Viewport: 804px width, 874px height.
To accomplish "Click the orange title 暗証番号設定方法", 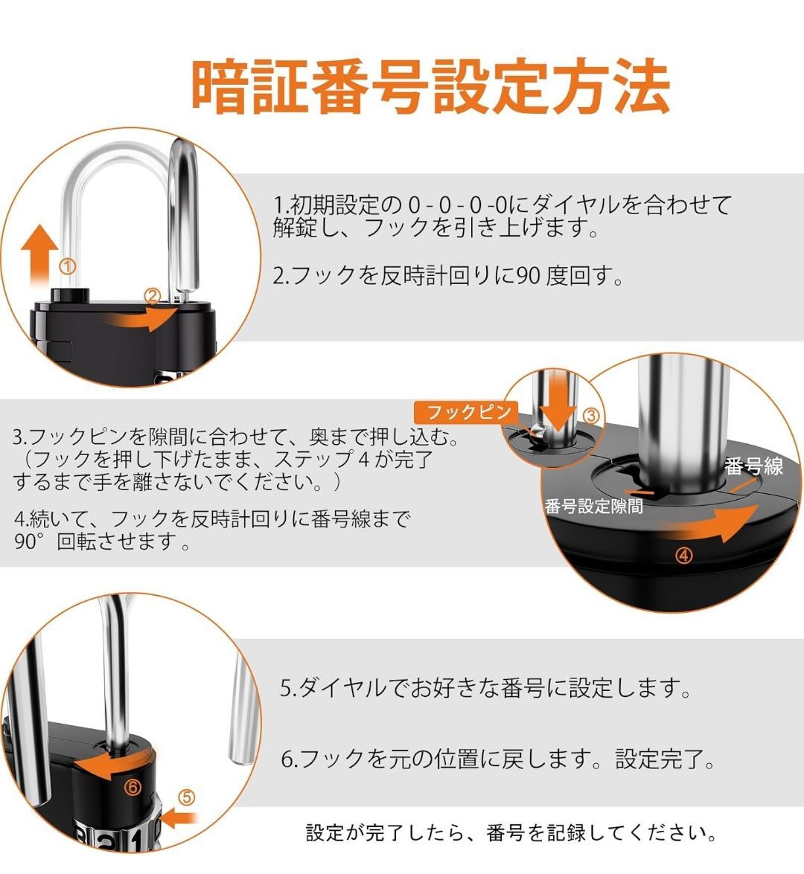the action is [430, 88].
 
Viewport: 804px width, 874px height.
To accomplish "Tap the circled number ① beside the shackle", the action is [68, 266].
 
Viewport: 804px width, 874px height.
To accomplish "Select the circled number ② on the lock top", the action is [152, 296].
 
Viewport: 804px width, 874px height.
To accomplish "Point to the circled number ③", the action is [591, 415].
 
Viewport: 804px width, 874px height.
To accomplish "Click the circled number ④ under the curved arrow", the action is [684, 555].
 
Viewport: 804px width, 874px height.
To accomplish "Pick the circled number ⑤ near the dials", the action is [186, 797].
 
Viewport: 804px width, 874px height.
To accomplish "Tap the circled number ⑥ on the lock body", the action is [133, 787].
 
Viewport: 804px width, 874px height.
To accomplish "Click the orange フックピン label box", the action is [467, 413].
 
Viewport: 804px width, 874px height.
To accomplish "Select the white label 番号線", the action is [753, 466].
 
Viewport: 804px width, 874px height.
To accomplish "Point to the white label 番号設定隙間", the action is [593, 506].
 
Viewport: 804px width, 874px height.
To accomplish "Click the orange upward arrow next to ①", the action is [39, 255].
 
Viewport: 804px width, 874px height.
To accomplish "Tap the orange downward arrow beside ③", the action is [558, 409].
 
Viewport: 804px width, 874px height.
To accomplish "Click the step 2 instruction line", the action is [447, 275].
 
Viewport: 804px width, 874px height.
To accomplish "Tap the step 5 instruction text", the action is [485, 688].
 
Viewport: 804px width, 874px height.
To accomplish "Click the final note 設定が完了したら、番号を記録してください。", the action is [511, 833].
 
